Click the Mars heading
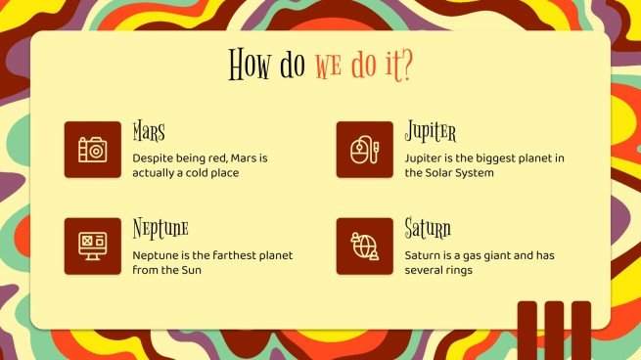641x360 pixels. [x=149, y=132]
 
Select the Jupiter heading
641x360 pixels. [x=431, y=132]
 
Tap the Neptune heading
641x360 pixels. [x=160, y=230]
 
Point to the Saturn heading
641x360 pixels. [x=428, y=230]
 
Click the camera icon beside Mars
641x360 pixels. [x=92, y=150]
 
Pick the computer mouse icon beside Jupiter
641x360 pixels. [x=364, y=150]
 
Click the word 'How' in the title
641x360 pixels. [x=248, y=66]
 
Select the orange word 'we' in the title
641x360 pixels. [x=326, y=67]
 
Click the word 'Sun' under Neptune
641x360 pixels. [x=190, y=270]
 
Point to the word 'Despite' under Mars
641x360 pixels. [x=153, y=157]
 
